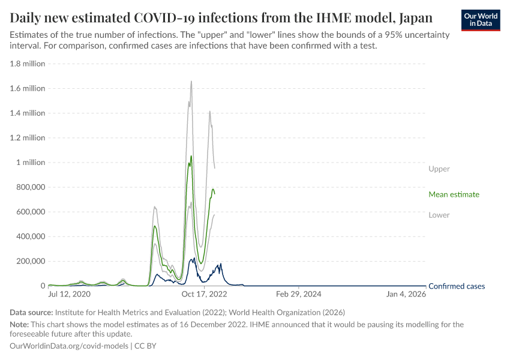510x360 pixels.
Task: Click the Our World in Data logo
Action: point(481,19)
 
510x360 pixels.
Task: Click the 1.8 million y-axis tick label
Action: point(26,64)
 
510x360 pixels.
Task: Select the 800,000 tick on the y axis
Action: point(29,187)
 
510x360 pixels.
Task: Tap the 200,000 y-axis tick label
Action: point(29,261)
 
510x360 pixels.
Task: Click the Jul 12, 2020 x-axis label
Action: point(69,295)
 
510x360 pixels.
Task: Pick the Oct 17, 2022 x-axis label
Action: point(204,295)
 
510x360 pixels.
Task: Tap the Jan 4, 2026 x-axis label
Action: point(406,295)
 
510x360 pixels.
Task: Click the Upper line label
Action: point(439,169)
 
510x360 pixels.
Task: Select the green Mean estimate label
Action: point(454,194)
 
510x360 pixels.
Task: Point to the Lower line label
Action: point(439,215)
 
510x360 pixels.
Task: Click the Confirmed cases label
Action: point(457,286)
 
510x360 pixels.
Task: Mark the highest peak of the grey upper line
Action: point(191,81)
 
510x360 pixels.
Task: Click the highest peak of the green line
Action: point(191,156)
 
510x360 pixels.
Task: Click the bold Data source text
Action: point(31,313)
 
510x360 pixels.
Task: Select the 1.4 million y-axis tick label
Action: point(26,113)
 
